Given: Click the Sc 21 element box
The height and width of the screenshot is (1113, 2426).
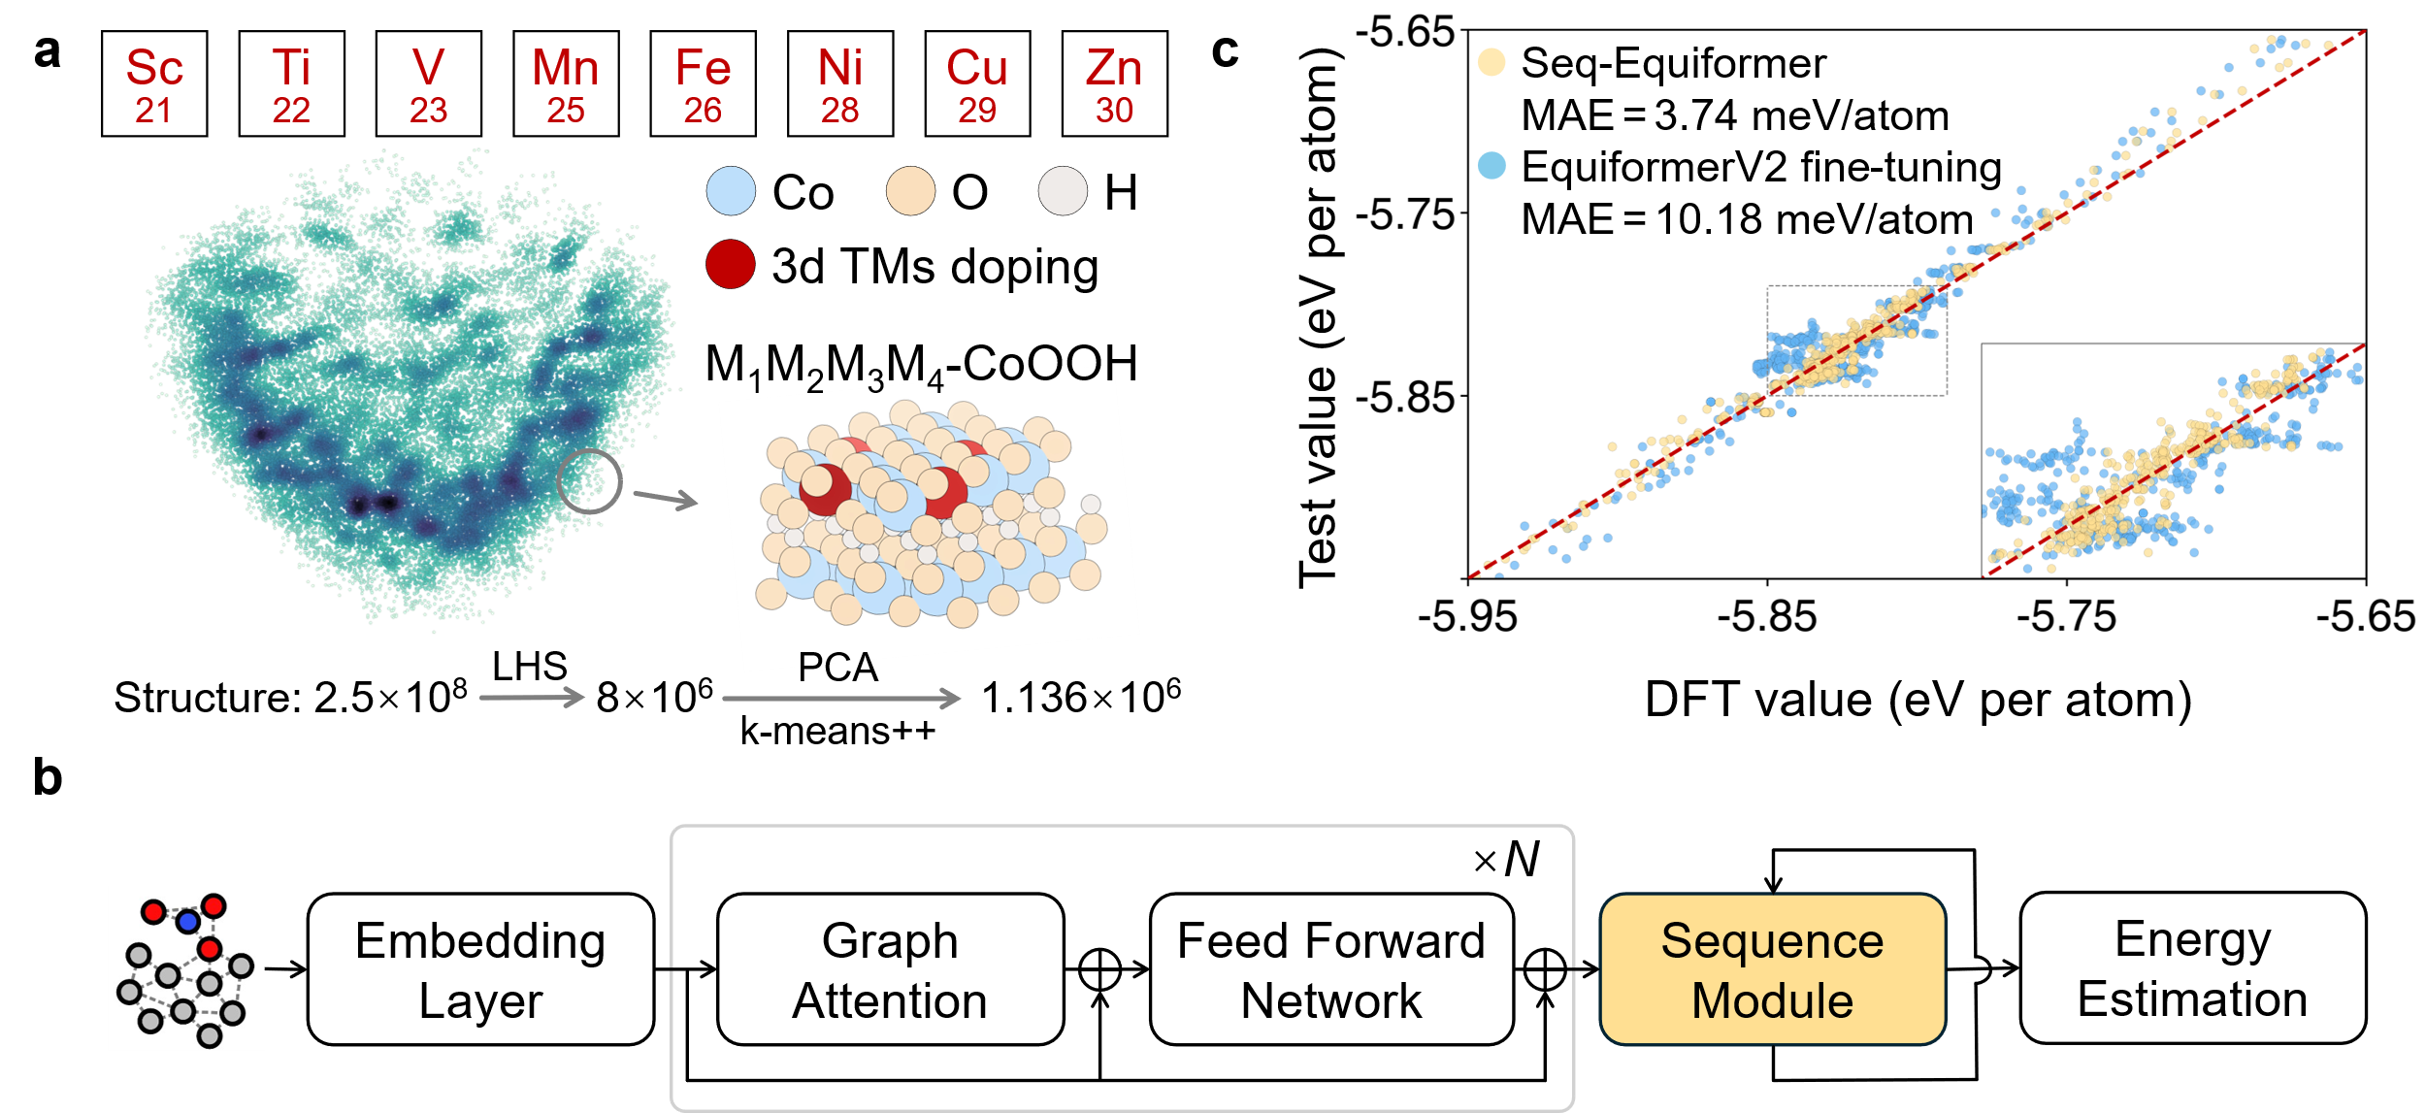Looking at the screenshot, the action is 154,83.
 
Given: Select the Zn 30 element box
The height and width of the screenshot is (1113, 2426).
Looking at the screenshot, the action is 1115,83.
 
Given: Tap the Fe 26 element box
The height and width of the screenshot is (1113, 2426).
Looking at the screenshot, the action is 703,83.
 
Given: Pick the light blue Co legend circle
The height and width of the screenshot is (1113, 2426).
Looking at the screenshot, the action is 731,191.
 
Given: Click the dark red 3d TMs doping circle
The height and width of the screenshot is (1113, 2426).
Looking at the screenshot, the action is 731,264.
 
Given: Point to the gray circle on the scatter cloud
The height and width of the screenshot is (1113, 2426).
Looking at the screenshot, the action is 589,481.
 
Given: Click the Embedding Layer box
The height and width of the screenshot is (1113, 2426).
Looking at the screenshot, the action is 481,969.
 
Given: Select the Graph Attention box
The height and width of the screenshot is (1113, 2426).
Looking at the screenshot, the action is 890,969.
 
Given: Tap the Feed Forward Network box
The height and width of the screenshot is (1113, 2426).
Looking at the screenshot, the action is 1331,969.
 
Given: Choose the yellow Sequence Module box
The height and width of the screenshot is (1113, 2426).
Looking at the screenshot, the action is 1773,969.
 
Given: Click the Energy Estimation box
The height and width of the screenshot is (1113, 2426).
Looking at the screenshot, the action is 2193,968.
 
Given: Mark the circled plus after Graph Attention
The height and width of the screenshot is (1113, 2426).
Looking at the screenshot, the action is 1100,969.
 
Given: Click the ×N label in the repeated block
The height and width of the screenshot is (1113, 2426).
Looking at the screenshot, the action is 1506,860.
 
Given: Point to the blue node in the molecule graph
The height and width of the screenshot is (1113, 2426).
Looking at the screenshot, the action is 188,921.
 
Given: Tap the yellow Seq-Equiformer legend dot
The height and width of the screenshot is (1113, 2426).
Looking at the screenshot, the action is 1492,63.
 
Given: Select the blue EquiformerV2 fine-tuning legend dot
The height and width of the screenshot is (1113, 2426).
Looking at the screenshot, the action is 1492,166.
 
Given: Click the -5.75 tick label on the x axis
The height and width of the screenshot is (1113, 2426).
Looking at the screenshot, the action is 2067,617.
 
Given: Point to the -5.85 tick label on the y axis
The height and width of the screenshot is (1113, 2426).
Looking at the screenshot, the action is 1405,398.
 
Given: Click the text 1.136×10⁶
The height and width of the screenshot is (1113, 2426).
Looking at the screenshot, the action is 1081,696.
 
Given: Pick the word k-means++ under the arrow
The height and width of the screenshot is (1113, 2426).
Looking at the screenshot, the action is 837,731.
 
